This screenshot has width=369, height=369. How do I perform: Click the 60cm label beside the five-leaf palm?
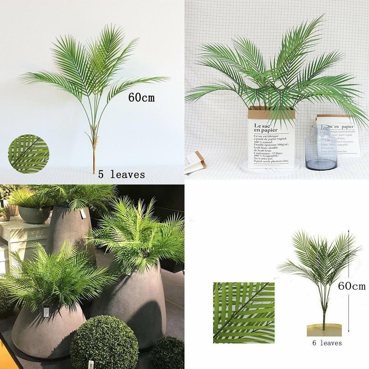141,97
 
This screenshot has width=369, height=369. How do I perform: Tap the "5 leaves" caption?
121,175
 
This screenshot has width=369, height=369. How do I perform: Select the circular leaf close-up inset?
28,154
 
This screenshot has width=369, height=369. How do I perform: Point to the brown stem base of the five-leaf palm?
94,159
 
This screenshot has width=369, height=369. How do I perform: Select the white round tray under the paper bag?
269,168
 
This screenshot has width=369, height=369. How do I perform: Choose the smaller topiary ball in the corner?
169,353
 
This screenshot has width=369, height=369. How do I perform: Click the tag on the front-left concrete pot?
46,311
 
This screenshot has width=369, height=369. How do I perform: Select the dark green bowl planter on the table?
34,214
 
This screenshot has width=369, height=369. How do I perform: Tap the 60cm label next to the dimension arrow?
351,286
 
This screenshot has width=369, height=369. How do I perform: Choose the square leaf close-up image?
244,312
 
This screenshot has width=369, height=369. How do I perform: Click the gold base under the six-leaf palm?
324,330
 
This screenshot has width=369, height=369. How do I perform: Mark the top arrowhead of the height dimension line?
349,231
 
